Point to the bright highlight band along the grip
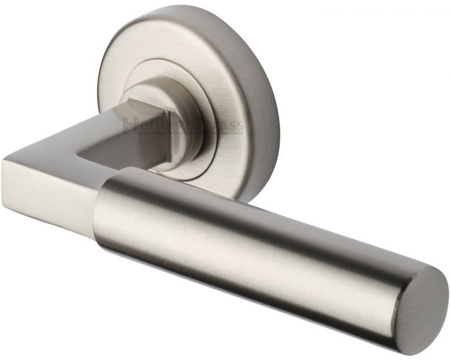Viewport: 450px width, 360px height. pos(257,215)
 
